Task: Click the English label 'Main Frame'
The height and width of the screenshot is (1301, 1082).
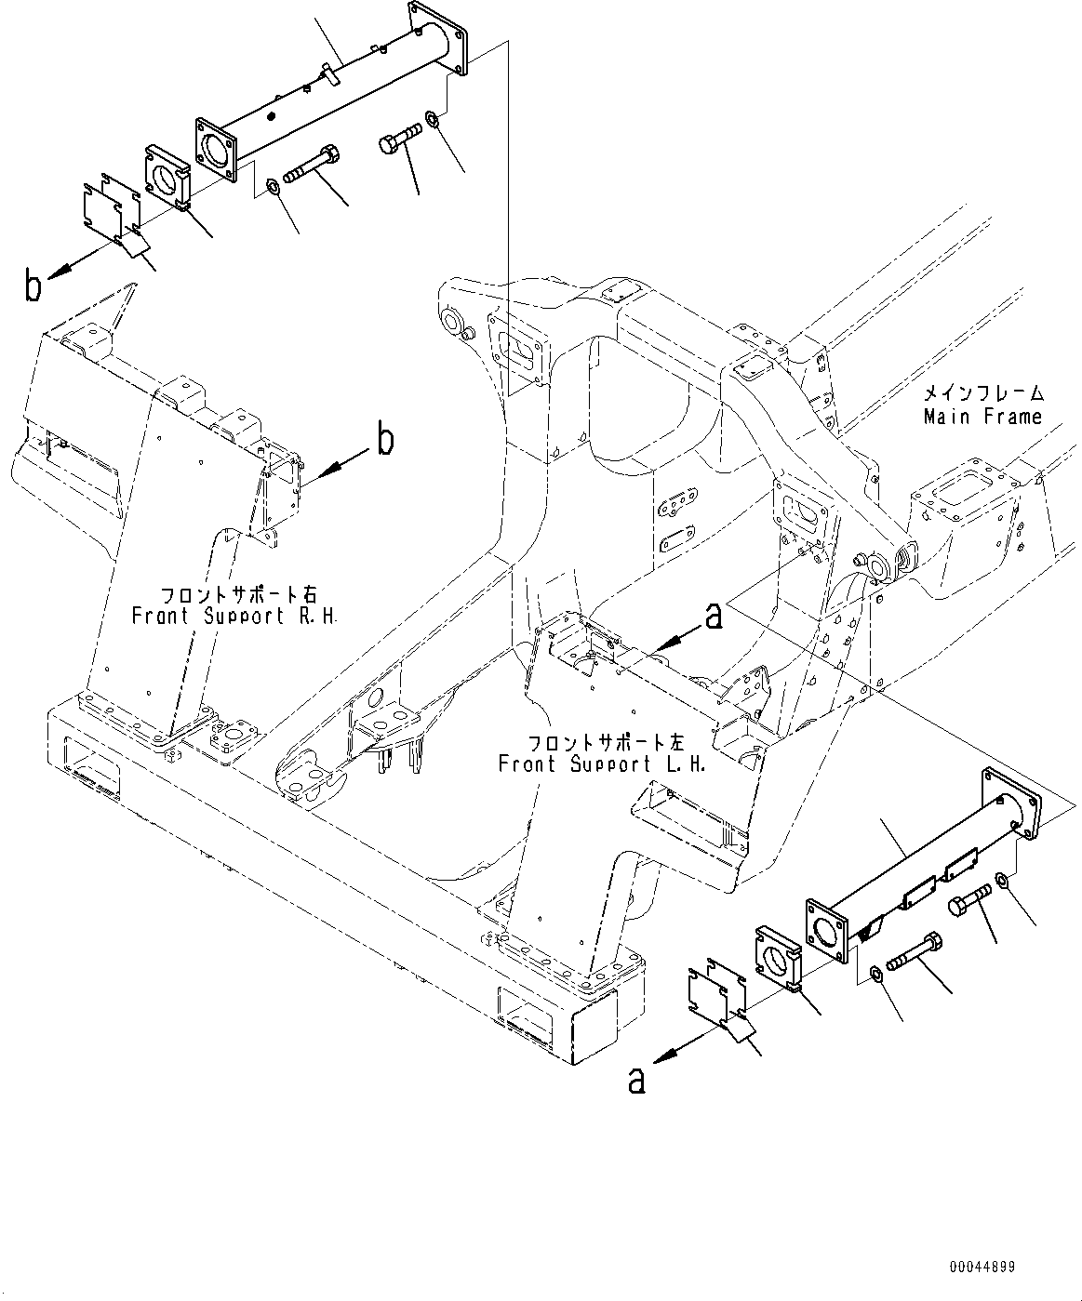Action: pos(982,418)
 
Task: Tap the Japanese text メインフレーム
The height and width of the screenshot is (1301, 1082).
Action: pos(982,394)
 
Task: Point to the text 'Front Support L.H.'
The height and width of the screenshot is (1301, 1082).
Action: pos(602,764)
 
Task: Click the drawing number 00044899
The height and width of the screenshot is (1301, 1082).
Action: pos(982,1267)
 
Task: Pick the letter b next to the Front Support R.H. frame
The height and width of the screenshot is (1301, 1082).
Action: pos(384,440)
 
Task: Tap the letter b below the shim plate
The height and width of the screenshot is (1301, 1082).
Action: pos(33,285)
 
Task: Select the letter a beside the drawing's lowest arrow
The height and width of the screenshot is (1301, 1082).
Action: pos(636,1080)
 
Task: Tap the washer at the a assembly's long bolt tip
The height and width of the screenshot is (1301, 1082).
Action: pos(877,973)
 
